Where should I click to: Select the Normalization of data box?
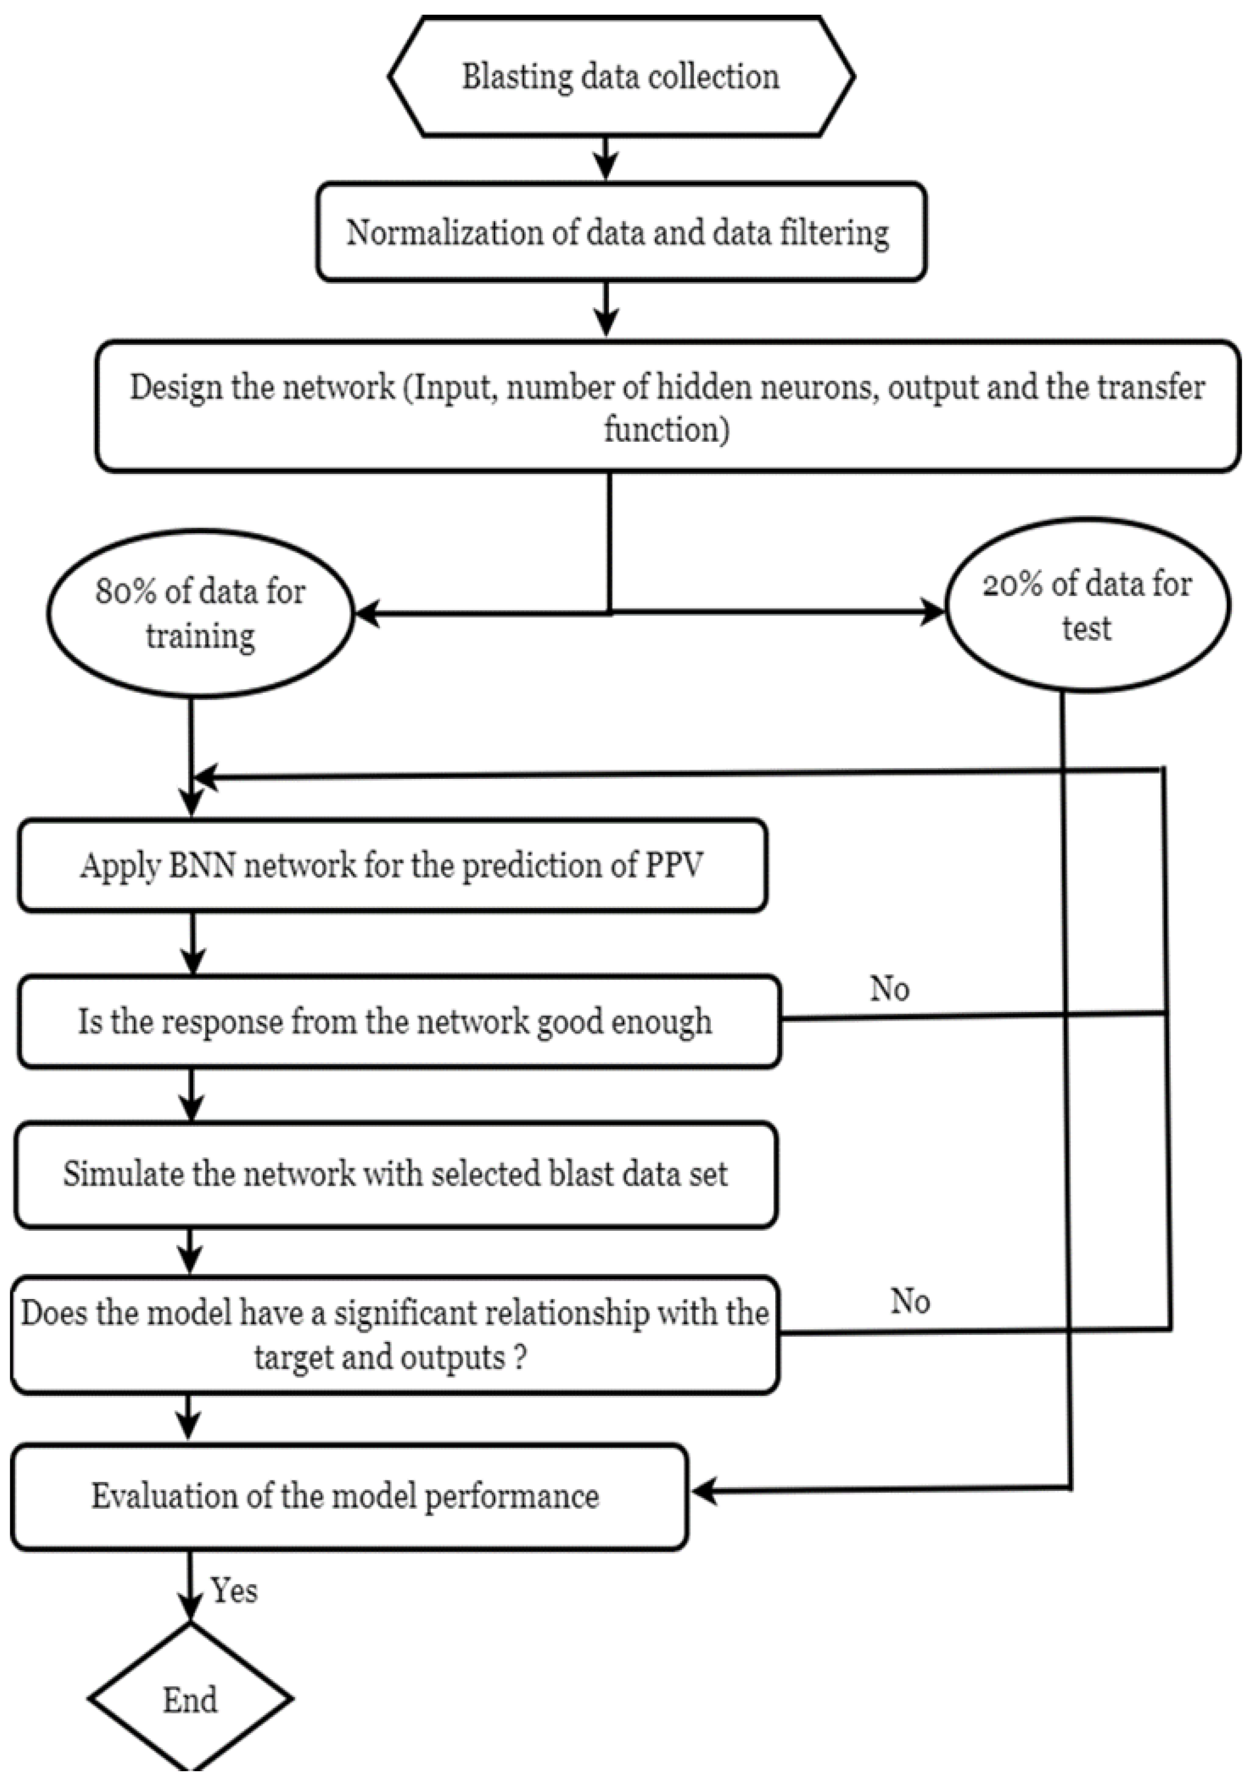[x=621, y=232]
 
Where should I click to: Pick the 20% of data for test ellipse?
[x=1087, y=606]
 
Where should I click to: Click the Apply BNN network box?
[x=391, y=865]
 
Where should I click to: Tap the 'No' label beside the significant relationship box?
[x=910, y=1301]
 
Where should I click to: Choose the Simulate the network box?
[x=395, y=1174]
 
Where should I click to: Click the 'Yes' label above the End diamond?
[x=234, y=1591]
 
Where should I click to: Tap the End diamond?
[x=190, y=1699]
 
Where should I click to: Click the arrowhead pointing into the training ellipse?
[x=366, y=614]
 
